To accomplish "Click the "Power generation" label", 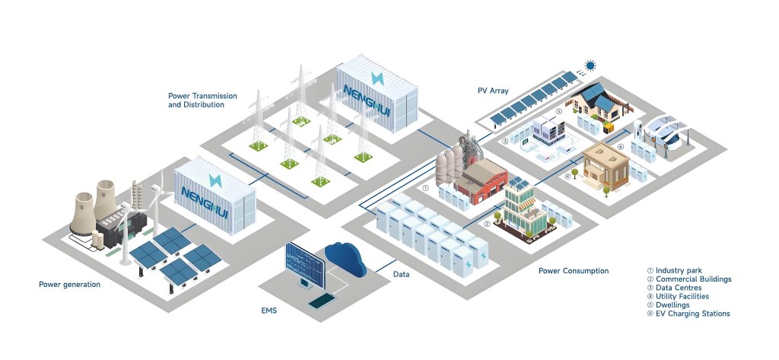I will tap(69, 285).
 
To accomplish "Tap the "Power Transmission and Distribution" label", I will tap(202, 100).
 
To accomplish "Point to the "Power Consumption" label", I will tap(573, 271).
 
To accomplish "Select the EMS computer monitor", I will tap(304, 263).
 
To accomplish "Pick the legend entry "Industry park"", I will tap(678, 270).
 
